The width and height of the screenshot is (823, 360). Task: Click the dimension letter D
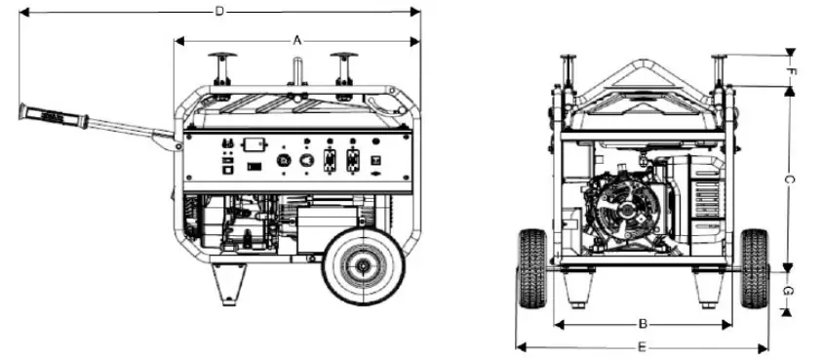(219, 11)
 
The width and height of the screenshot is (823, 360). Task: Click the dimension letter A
(297, 40)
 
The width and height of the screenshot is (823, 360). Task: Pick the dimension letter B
(644, 323)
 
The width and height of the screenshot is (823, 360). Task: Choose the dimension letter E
(642, 346)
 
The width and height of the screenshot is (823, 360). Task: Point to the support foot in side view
(231, 283)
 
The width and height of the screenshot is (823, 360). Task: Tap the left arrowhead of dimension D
(24, 12)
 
